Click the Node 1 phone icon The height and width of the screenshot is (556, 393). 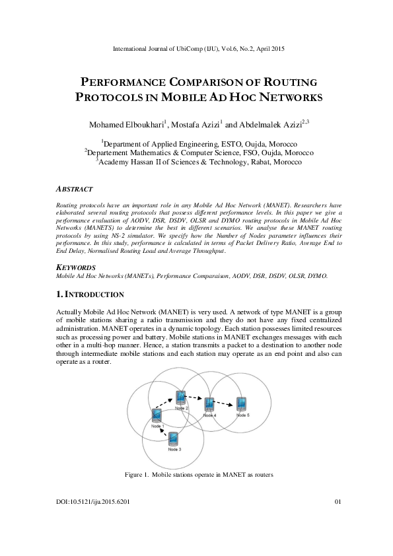pos(157,415)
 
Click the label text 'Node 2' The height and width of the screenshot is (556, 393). pos(182,409)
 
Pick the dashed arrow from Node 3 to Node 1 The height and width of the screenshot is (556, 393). pos(163,430)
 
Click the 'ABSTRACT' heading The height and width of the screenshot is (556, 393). pos(75,189)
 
